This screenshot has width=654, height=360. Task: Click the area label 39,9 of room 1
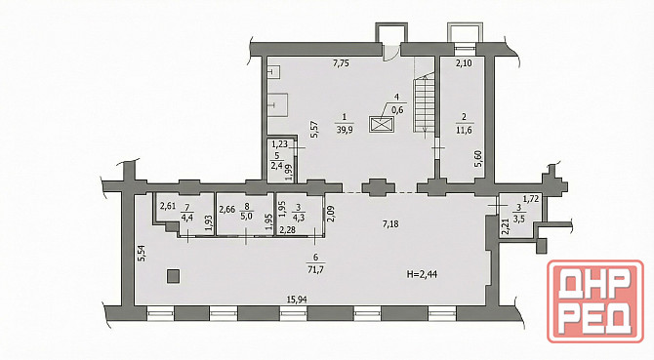point(345,131)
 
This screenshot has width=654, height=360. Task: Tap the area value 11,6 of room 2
point(465,131)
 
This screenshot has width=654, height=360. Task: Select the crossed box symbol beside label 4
point(382,125)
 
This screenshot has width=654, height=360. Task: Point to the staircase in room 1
point(425,104)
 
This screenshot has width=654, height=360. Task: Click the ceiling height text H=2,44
point(422,274)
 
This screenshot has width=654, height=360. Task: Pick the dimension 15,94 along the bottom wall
point(299,299)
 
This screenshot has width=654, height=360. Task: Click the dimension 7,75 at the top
point(341,63)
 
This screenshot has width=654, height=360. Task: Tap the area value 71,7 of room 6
point(315,269)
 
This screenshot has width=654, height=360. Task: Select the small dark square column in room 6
point(173,276)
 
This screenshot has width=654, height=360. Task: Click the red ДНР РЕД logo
point(595,301)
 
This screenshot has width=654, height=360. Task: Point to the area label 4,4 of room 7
point(186,218)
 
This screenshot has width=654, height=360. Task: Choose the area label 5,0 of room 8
point(246,218)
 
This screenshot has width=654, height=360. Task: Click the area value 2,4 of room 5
point(277,166)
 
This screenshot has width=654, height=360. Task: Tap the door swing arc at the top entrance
point(390,55)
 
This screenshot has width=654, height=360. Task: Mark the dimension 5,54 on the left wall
point(142,253)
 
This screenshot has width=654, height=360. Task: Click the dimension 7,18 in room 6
point(390,224)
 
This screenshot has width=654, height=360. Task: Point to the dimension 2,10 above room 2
point(464,63)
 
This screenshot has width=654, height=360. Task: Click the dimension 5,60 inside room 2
point(478,159)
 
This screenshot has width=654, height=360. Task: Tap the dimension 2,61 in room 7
point(168,205)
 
